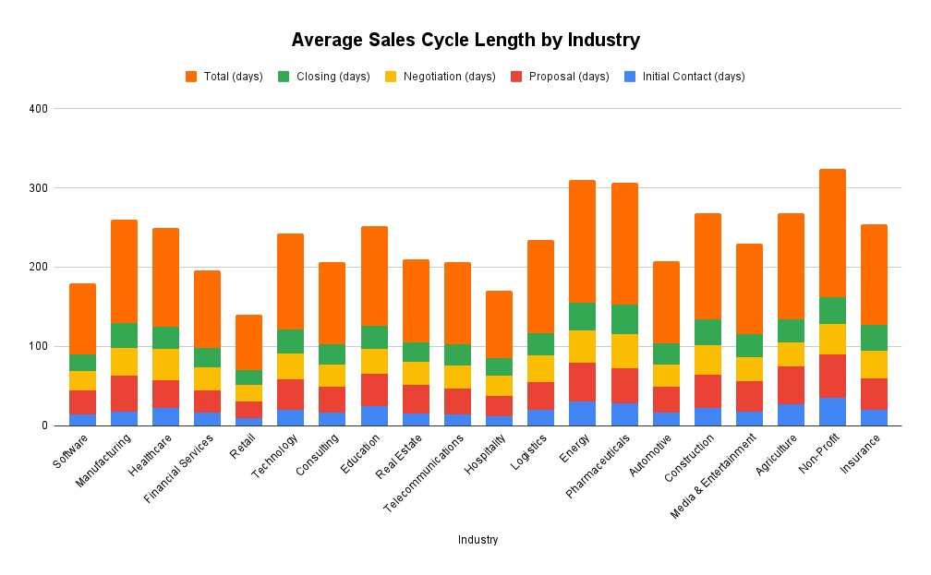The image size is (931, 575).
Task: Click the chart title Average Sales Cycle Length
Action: coord(465,40)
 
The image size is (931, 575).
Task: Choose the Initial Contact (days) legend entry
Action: coord(693,77)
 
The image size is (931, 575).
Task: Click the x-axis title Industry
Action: coord(478,540)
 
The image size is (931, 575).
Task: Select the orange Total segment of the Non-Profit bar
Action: coord(832,233)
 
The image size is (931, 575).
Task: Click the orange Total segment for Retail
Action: coord(248,342)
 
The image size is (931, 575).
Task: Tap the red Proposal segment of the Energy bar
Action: coord(582,382)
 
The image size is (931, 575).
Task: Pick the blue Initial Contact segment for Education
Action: coord(374,415)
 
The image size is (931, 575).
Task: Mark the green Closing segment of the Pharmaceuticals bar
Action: coord(623,319)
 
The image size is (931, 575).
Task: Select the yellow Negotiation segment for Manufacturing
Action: coord(124,362)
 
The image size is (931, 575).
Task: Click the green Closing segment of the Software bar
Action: coord(82,363)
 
